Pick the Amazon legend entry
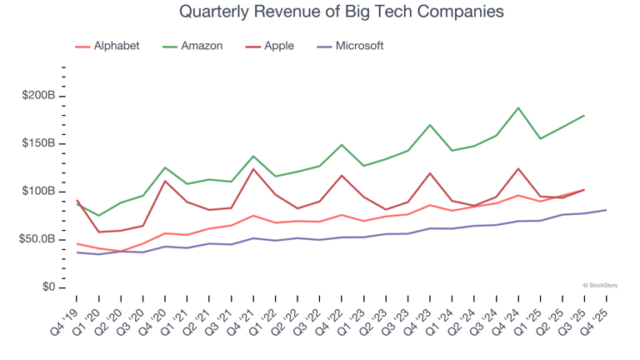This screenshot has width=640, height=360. pos(198,46)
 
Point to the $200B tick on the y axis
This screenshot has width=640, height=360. pos(37,96)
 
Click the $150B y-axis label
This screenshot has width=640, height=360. pos(37,143)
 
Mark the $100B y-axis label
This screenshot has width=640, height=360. pos(37,192)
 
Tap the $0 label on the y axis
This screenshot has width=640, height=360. pos(47,287)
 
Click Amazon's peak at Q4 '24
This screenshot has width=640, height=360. pos(518,107)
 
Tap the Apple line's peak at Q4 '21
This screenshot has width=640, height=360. pos(253,169)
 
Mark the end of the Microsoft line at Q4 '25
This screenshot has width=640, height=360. pos(606,210)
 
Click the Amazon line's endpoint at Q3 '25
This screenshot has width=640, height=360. pos(583,116)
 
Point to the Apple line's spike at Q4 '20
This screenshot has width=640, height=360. pos(165,181)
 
